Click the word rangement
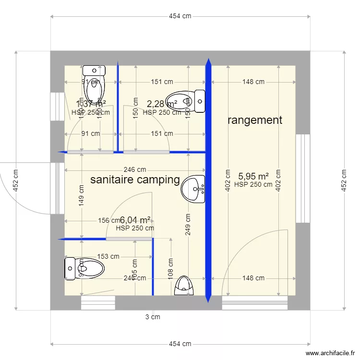[x=254, y=120]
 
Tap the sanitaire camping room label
[x=135, y=180]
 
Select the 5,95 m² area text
[x=253, y=176]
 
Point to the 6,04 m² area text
[x=135, y=220]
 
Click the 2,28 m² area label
[x=162, y=104]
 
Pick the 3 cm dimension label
[x=153, y=317]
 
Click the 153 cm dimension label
[x=108, y=257]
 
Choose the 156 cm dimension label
[x=108, y=221]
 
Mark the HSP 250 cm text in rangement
[x=253, y=184]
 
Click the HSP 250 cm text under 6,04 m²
[x=135, y=228]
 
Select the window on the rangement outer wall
[x=303, y=179]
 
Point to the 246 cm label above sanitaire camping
[x=135, y=169]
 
